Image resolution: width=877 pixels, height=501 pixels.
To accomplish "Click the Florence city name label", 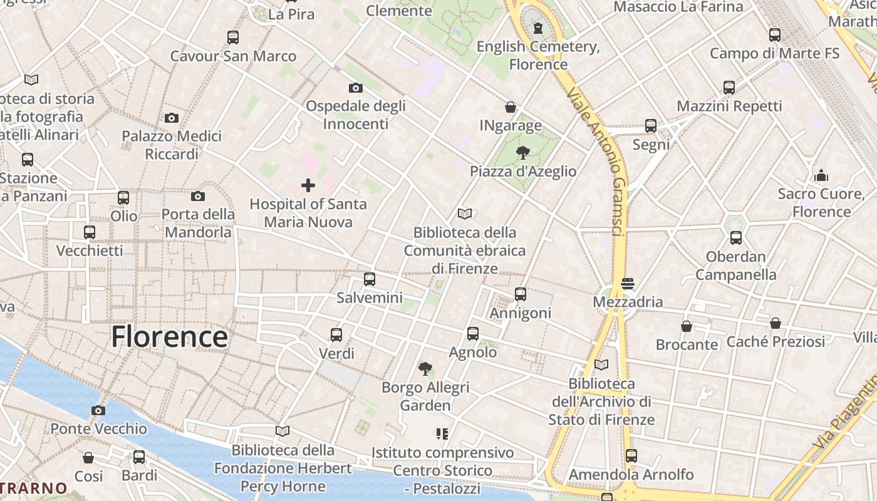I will [169, 337].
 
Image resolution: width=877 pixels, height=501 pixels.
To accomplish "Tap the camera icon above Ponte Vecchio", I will [98, 411].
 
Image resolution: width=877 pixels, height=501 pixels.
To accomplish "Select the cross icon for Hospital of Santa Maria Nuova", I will [308, 185].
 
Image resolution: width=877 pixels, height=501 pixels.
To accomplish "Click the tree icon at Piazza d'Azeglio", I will [522, 152].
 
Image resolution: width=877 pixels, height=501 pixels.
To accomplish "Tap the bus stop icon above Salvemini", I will [370, 279].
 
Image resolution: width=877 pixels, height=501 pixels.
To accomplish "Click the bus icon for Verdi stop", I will [336, 335].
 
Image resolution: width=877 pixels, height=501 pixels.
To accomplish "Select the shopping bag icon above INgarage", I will [511, 107].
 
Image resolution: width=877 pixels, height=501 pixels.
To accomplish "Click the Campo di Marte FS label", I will [774, 54].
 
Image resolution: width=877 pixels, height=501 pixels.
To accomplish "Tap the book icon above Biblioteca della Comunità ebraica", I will [464, 214].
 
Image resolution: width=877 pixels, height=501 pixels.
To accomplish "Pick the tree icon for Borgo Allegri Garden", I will [425, 369].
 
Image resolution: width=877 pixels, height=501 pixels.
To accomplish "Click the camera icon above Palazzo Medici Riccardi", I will [171, 118].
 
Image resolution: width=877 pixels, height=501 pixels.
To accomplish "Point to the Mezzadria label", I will [628, 302].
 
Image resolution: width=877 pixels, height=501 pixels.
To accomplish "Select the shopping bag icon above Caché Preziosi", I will [776, 323].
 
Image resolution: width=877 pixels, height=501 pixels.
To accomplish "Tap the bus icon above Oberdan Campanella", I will [736, 238].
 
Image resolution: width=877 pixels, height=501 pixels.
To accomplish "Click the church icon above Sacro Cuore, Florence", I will [821, 175].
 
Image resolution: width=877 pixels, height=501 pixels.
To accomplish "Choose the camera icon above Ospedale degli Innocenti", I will [355, 88].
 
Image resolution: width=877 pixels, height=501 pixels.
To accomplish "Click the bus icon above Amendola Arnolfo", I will [631, 456].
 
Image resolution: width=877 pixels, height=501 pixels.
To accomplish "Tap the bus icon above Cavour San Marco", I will [233, 38].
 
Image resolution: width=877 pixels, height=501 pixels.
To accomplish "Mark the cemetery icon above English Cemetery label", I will [537, 28].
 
